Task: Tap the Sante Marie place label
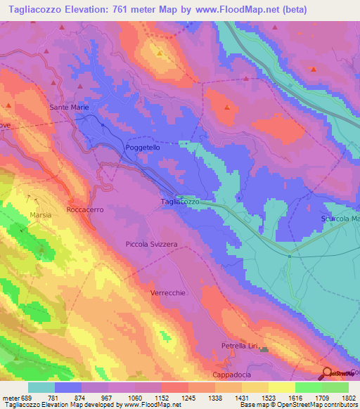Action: pyautogui.click(x=69, y=108)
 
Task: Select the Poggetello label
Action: pyautogui.click(x=143, y=148)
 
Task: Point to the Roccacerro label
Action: pyautogui.click(x=85, y=210)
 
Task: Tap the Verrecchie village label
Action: pyautogui.click(x=168, y=293)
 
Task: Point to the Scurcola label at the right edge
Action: pyautogui.click(x=340, y=219)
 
